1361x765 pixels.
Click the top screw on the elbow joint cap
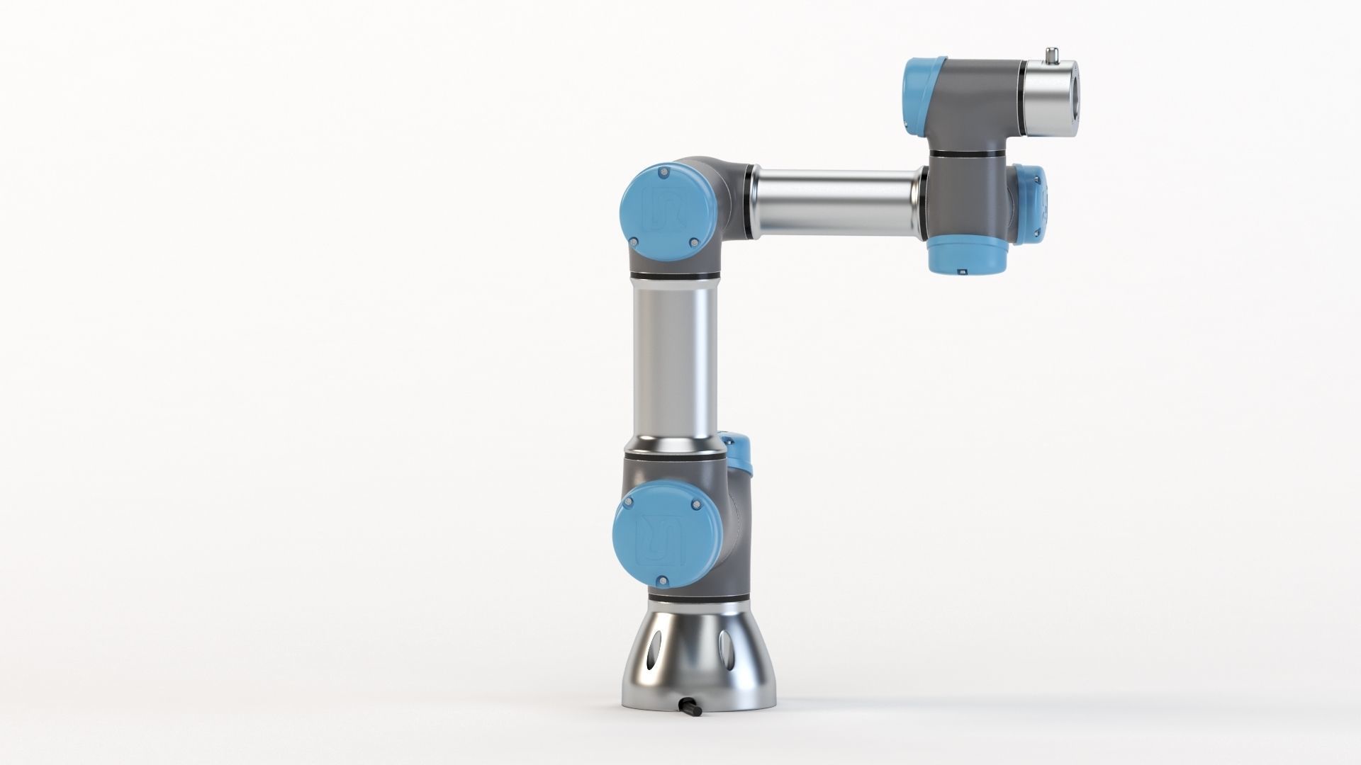click(x=663, y=172)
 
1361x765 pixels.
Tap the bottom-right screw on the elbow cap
click(x=693, y=243)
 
